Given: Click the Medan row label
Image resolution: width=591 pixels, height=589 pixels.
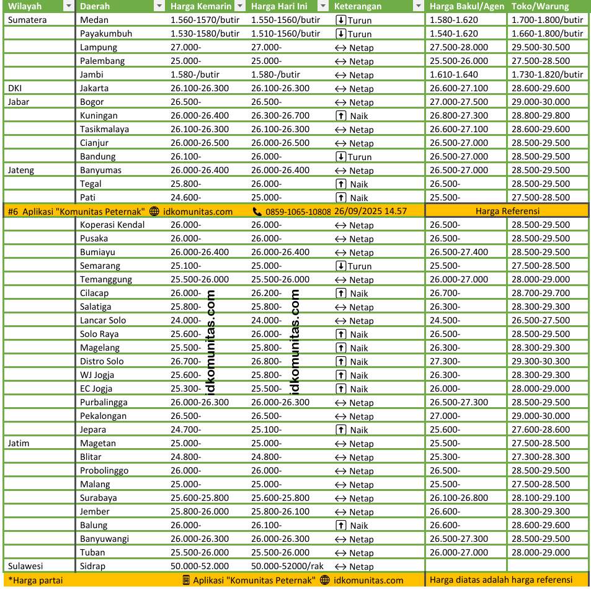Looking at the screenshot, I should point(94,20).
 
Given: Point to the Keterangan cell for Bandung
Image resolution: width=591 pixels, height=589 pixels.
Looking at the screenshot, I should point(353,156).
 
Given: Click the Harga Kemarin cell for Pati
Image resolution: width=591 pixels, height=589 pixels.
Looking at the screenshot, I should point(186,197).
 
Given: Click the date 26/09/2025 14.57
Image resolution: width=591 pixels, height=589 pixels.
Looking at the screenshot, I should point(370,211).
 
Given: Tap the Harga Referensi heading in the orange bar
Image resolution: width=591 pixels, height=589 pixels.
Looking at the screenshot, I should point(506,211).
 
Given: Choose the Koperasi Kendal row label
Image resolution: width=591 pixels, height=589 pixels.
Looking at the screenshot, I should point(112,225).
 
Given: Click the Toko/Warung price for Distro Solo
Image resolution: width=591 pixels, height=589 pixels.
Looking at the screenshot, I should point(541,361).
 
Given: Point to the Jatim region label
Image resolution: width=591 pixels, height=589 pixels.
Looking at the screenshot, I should point(19,443).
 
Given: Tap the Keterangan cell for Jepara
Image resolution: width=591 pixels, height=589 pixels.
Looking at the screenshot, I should point(353,429).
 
